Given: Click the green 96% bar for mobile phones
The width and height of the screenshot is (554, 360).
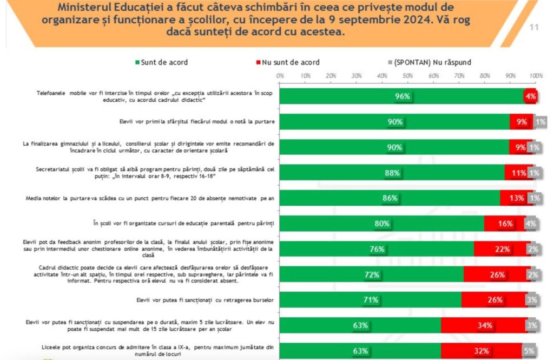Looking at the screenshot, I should click(401, 96).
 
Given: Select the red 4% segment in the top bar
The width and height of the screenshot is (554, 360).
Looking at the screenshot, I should click(530, 96).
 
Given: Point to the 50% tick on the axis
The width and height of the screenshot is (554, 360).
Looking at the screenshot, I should click(408, 75).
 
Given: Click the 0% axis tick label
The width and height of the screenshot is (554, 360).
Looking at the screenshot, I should click(280, 75).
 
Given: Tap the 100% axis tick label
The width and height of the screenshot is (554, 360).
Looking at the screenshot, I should click(536, 75).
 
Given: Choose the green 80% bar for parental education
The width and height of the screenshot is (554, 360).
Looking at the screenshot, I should click(381, 224).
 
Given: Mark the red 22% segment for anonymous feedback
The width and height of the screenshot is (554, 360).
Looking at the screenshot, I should click(502, 249).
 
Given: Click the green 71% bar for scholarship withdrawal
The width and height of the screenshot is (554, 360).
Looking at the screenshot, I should click(370, 300).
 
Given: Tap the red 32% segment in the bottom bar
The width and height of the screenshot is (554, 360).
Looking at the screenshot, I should click(481, 351).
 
